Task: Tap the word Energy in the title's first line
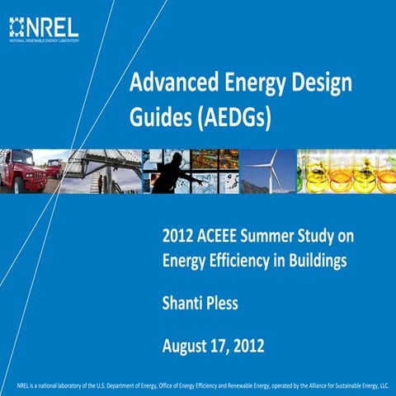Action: pos(250,83)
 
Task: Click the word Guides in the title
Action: pos(155,118)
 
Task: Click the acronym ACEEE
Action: pos(224,238)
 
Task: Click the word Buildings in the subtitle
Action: pos(323,262)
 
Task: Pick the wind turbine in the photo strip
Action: pos(264,171)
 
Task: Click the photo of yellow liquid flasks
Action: pos(346,171)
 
